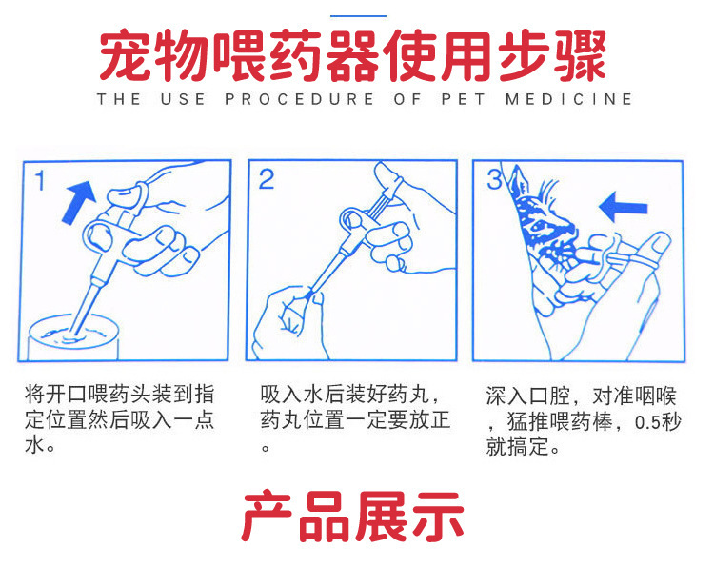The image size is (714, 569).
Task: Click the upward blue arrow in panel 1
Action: click(x=79, y=200)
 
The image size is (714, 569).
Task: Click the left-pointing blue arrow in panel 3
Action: click(x=623, y=207)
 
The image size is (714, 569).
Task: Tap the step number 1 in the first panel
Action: click(x=41, y=180)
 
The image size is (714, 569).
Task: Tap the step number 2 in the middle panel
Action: click(x=267, y=179)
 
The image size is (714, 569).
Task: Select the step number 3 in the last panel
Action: click(x=494, y=179)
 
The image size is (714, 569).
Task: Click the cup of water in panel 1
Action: click(x=73, y=336)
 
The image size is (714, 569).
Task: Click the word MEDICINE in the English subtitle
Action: click(x=568, y=99)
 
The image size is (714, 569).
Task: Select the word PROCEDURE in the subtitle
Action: click(x=299, y=99)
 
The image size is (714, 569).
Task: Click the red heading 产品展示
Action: click(x=352, y=517)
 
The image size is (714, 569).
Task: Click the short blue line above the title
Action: click(x=358, y=16)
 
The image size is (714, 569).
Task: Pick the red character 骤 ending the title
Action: click(x=580, y=55)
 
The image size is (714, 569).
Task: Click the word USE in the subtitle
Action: click(x=183, y=99)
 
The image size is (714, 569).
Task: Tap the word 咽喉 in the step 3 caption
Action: click(x=656, y=396)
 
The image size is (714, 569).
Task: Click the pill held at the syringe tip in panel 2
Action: click(x=310, y=295)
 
